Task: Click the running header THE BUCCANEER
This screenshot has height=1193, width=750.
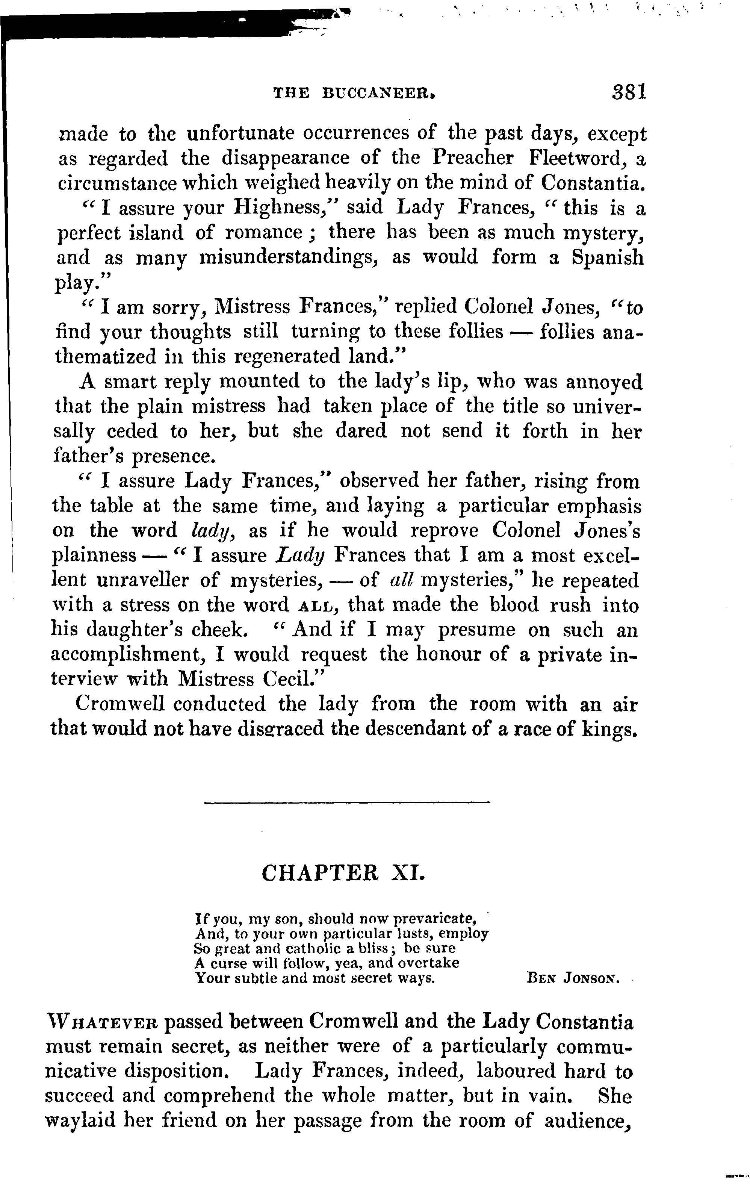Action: coord(354,93)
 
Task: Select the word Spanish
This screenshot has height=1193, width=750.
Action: coord(607,257)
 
